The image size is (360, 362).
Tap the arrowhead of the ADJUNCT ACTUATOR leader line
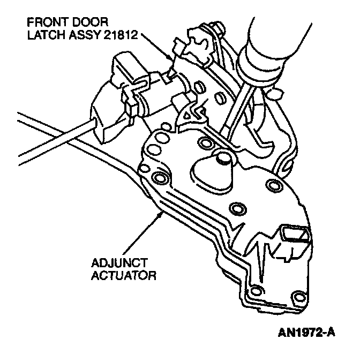tap(162, 213)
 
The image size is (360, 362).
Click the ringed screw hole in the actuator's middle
tap(236, 207)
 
